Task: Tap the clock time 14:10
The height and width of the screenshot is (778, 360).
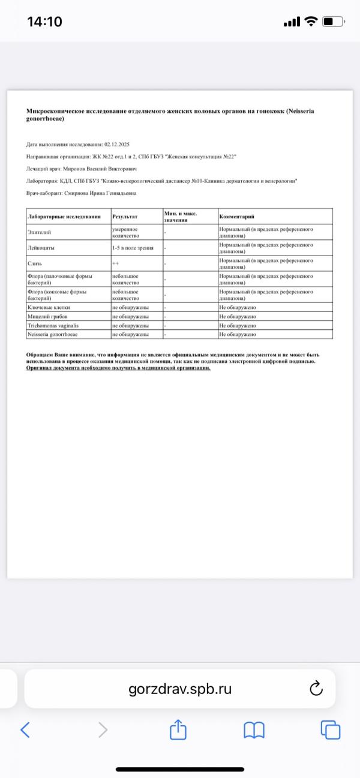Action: click(44, 22)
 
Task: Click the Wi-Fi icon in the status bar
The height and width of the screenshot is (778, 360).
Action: click(311, 22)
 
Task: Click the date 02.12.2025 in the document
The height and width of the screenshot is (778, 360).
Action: click(117, 145)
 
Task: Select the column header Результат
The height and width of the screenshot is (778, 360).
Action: click(125, 216)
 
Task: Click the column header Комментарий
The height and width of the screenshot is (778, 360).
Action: click(237, 216)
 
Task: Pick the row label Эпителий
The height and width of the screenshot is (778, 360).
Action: click(38, 232)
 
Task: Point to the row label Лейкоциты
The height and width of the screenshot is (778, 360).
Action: click(41, 247)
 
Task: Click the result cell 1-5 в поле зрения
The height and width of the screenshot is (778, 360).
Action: click(133, 247)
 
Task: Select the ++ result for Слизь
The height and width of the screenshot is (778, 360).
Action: click(115, 263)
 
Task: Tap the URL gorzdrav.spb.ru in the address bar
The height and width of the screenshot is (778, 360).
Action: click(180, 689)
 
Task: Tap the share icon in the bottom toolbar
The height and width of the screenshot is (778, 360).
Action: click(178, 729)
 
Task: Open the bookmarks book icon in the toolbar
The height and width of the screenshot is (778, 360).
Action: click(254, 729)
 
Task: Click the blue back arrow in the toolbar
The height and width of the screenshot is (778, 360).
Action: click(25, 729)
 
